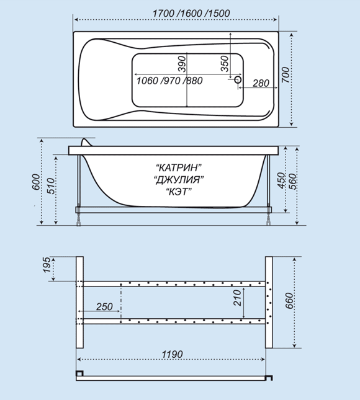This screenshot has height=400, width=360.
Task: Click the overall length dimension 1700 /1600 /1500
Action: click(191, 13)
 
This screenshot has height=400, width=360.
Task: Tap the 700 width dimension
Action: click(286, 75)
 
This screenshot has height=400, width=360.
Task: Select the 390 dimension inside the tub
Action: click(182, 64)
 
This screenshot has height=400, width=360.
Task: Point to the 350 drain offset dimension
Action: click(224, 63)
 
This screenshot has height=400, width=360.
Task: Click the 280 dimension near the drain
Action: click(261, 83)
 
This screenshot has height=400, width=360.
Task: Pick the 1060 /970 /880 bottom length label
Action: click(169, 81)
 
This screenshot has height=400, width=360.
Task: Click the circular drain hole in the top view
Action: click(238, 79)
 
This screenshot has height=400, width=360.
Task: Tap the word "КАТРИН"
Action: click(179, 167)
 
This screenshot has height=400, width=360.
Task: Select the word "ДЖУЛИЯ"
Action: click(179, 180)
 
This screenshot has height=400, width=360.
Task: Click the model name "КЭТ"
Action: click(179, 192)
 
